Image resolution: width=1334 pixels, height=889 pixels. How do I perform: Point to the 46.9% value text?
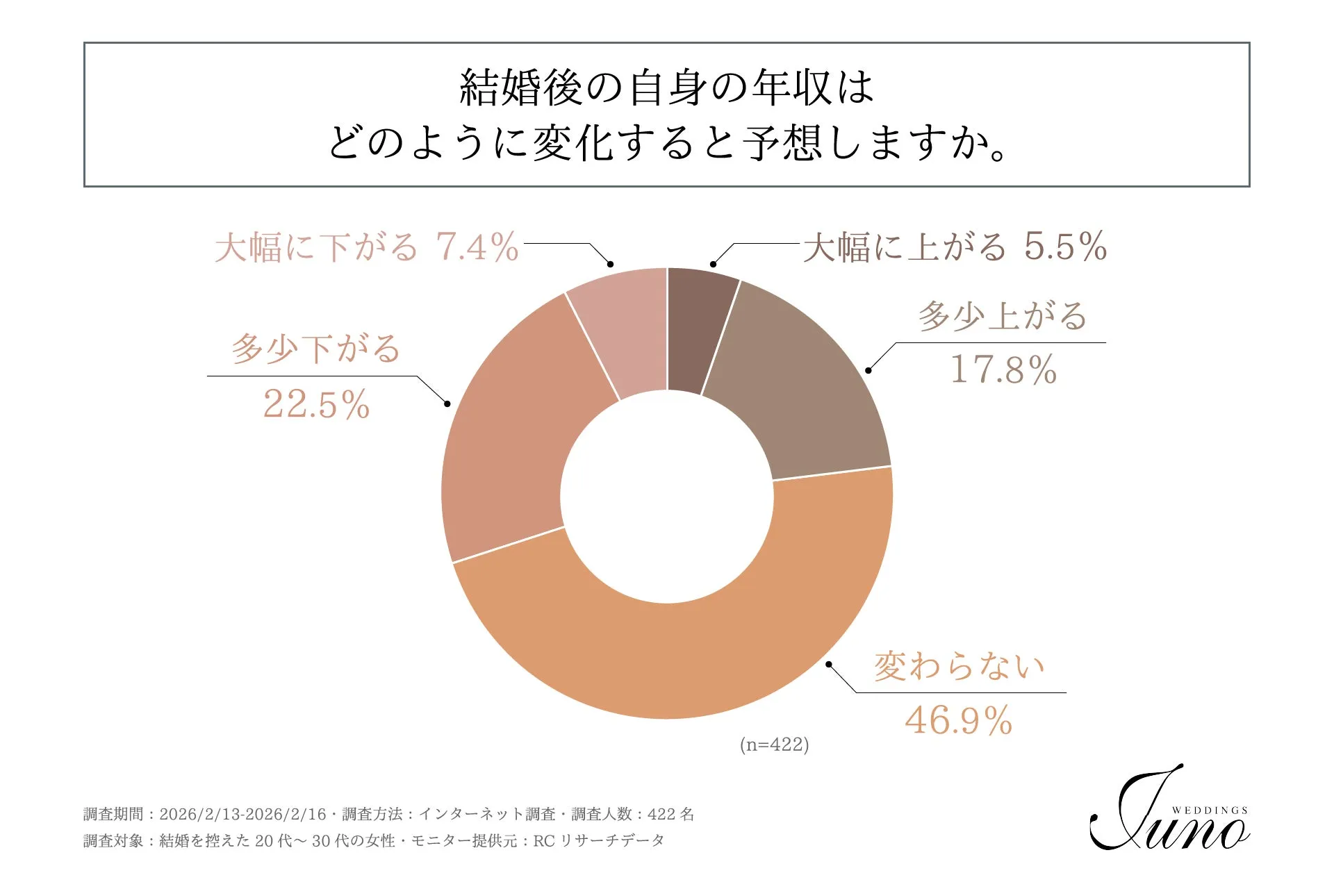point(958,720)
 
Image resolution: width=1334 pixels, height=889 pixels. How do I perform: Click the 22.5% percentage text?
point(316,404)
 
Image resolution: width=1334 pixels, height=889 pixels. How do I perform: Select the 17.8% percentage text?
point(1003,369)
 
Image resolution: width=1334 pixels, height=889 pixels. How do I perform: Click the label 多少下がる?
point(316,349)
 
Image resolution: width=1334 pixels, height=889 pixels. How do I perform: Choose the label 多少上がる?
point(1003,316)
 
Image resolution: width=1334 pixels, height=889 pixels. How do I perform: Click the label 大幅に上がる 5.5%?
point(955,247)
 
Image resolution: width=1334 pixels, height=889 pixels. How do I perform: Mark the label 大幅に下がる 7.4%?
point(366,247)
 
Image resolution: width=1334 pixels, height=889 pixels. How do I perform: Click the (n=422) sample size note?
point(774,745)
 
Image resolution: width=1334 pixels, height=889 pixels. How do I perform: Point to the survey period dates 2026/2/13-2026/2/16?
point(242,814)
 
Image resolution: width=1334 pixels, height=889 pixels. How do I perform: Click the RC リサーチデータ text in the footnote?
point(598,841)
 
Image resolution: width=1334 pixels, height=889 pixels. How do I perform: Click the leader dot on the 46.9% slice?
point(829,665)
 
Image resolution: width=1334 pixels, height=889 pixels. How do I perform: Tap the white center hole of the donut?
point(667,497)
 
